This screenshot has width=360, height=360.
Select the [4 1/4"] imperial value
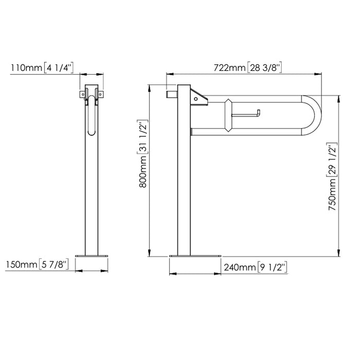tap(59, 68)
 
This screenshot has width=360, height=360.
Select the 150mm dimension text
tap(21, 265)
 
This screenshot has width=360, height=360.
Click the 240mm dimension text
tap(239, 267)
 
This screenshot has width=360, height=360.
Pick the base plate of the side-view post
tap(195, 256)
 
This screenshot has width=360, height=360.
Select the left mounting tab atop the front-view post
tap(82, 94)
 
